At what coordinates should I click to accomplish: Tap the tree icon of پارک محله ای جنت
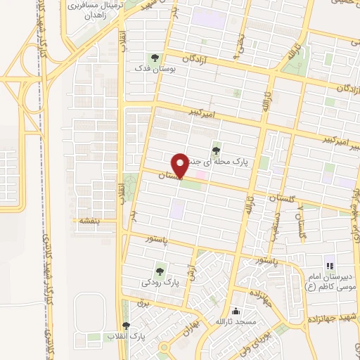[x=215, y=149]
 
